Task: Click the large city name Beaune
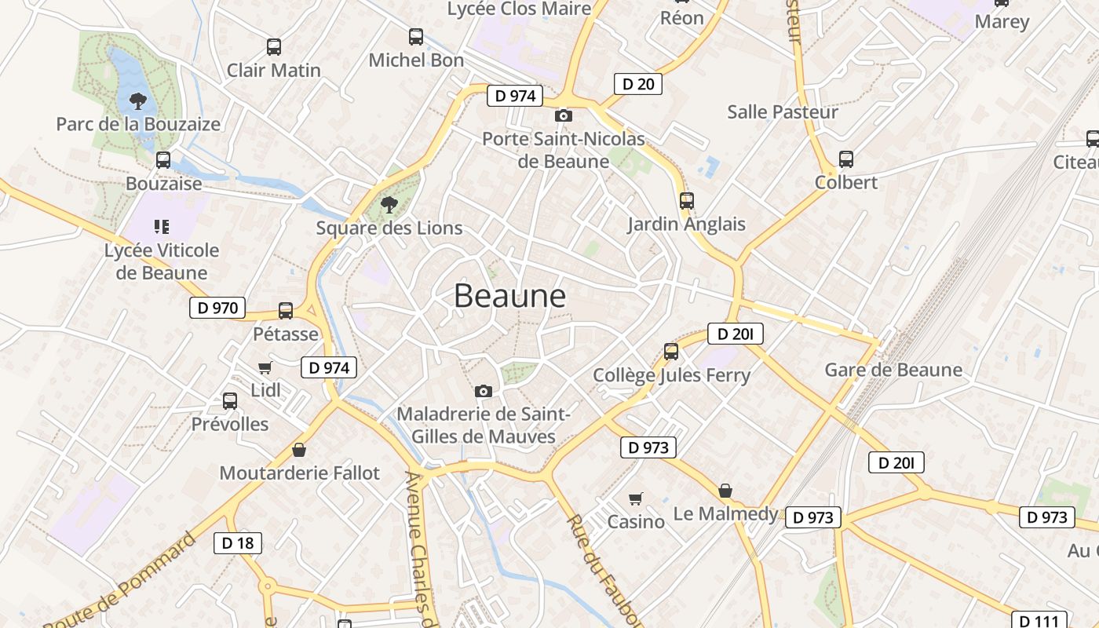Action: click(509, 296)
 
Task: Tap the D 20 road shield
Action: click(637, 84)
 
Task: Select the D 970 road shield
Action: click(217, 308)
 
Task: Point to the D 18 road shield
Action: click(237, 542)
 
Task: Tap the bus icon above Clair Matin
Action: click(273, 47)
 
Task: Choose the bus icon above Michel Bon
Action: click(416, 37)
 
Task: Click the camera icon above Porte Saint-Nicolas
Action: click(563, 116)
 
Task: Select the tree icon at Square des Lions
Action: click(389, 206)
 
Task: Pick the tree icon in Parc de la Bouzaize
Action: click(138, 101)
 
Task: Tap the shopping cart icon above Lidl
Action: click(265, 367)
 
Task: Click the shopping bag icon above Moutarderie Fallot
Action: click(298, 451)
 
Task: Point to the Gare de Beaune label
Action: click(893, 370)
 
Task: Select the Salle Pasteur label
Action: click(783, 111)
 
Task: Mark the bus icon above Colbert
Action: click(845, 159)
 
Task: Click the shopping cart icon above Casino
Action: click(636, 498)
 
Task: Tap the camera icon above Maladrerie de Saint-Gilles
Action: click(484, 391)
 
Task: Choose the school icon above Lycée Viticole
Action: click(162, 228)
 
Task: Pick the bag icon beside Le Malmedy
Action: click(725, 491)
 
